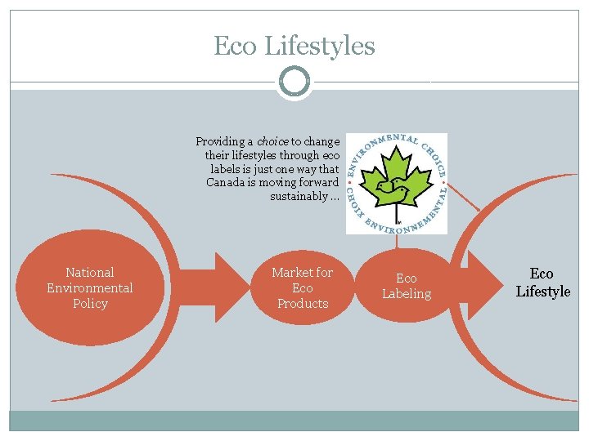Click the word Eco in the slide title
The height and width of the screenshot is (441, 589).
[236, 46]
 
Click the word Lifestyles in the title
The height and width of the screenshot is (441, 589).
[320, 46]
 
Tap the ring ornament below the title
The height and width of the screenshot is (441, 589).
[294, 81]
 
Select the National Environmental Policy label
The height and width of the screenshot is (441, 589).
[90, 287]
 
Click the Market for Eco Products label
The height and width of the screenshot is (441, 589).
[302, 287]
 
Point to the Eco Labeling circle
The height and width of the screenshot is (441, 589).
[407, 287]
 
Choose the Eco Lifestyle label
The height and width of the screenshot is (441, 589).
[542, 283]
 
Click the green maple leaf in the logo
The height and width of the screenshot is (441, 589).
[397, 184]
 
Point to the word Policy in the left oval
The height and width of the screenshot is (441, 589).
[90, 303]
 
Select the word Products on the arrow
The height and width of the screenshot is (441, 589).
[302, 303]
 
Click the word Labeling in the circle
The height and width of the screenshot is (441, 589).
[407, 294]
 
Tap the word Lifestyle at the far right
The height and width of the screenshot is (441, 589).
[543, 291]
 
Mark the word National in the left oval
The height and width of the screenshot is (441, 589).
[90, 272]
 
